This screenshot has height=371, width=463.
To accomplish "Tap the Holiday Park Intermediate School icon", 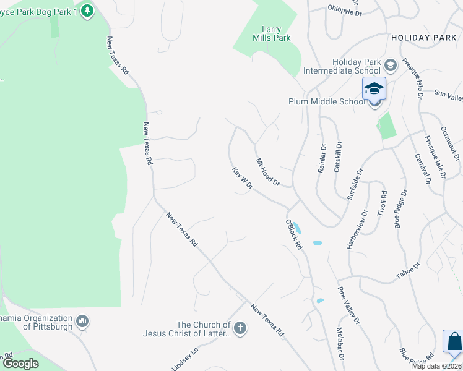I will tap(391, 64).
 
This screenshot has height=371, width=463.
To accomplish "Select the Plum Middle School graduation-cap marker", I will tap(374, 90).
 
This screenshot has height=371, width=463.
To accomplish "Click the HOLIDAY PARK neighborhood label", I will tap(423, 38).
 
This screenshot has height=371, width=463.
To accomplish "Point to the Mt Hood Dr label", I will tap(269, 172).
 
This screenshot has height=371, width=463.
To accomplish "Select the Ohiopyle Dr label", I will tap(344, 9).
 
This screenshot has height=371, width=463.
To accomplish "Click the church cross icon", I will tap(240, 328).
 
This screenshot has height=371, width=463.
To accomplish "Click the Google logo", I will tap(20, 364).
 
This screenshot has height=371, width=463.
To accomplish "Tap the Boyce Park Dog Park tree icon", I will tap(87, 11).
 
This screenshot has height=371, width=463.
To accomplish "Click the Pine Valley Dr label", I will tap(348, 305).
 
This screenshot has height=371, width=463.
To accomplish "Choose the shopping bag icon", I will tap(454, 343).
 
